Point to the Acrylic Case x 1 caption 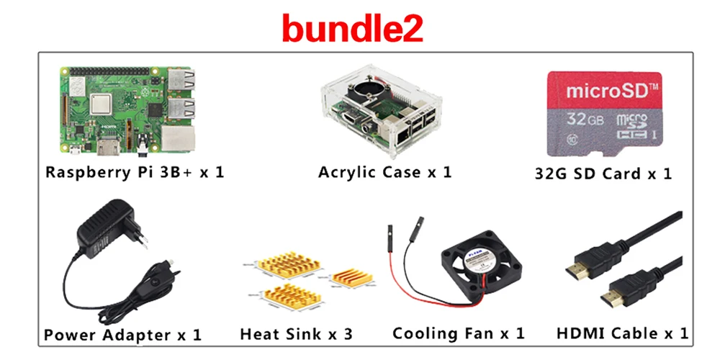tap(385, 173)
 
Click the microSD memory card tap(603, 113)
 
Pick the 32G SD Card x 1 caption tap(603, 174)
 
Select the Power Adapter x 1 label tap(122, 335)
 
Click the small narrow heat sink tap(350, 278)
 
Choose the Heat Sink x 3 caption tap(296, 334)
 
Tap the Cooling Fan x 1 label tap(459, 333)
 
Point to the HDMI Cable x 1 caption tap(622, 333)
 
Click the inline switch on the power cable tap(168, 272)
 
